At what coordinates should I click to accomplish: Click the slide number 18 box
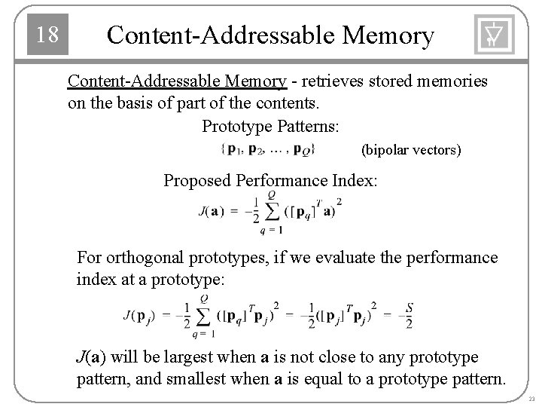point(47,35)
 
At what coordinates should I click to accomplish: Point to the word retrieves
point(333,81)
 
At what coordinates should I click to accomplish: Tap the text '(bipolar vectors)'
point(411,151)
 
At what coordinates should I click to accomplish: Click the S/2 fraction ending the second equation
point(407,315)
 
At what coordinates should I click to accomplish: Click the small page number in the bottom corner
point(531,398)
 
